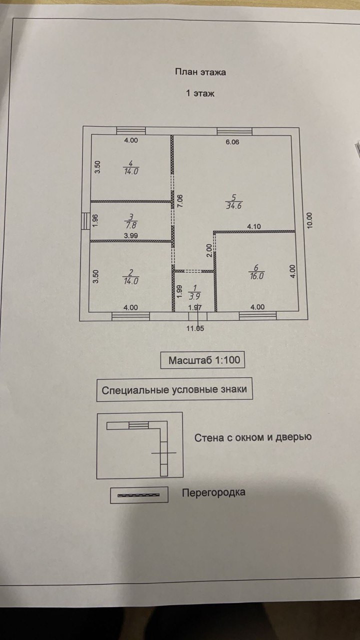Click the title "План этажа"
coord(200,72)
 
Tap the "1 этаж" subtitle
coord(200,93)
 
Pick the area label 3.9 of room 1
coord(193,294)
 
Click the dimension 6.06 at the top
coord(232,142)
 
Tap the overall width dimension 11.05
coord(195,328)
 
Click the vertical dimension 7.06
coord(180,201)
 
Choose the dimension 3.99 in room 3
coord(131,235)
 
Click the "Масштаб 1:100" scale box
coord(202,360)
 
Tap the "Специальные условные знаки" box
coord(174,390)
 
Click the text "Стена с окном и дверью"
coord(253,437)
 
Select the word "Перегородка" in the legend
coord(213,492)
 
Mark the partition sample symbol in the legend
coord(138,494)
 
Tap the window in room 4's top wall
coord(131,130)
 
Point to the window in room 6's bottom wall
coord(257,315)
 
